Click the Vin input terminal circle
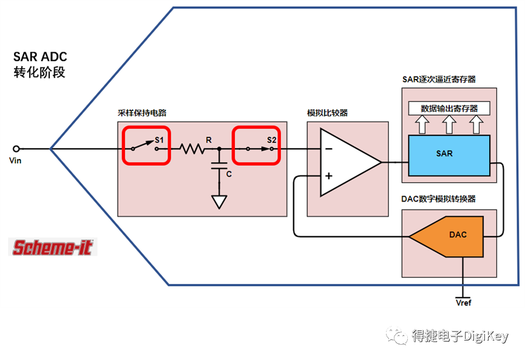click(16, 148)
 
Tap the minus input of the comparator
click(328, 148)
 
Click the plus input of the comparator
click(328, 176)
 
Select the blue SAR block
click(449, 154)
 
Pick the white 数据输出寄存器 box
click(449, 109)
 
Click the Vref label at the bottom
click(464, 302)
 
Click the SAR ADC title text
click(40, 57)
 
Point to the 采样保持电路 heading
click(142, 114)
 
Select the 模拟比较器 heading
click(328, 114)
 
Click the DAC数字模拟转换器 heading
click(438, 200)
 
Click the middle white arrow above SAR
click(449, 124)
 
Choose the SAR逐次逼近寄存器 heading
click(439, 79)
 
